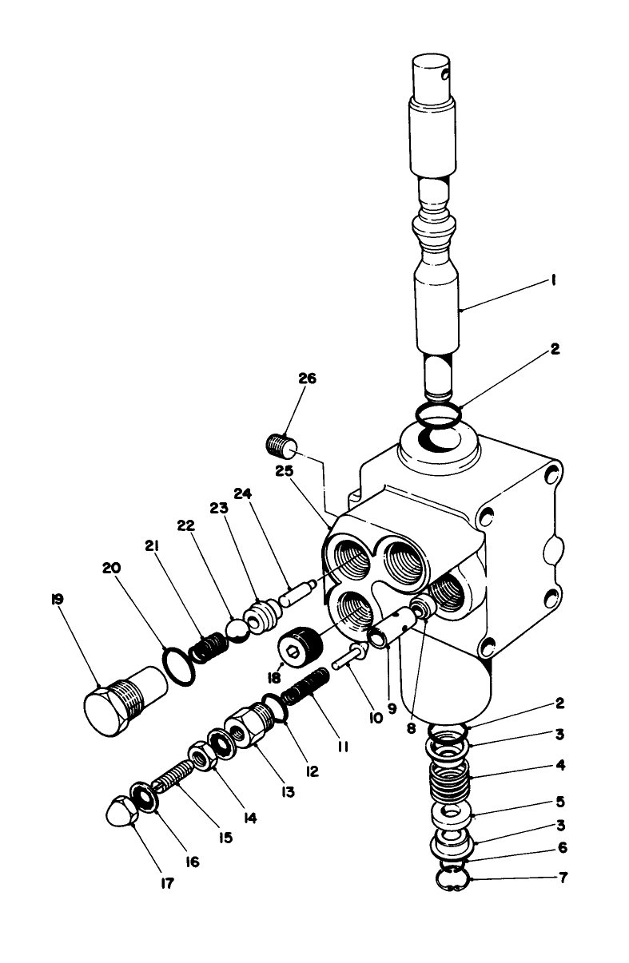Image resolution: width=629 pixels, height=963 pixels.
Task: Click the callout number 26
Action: point(306,378)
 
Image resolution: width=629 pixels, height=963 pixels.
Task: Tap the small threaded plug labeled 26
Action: point(280,442)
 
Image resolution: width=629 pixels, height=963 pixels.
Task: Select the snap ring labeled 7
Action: point(450,879)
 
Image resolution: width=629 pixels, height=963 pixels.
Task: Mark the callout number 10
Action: point(376,717)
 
